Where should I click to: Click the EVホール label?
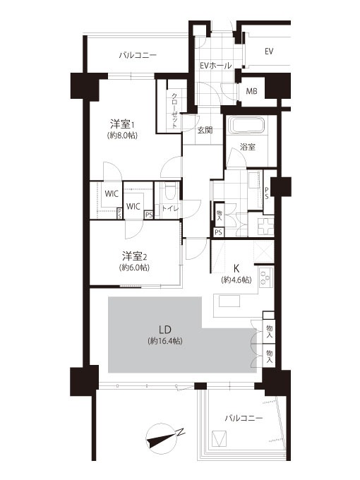tap(215, 65)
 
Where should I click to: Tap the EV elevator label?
tap(269, 52)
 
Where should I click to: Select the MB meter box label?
tap(251, 91)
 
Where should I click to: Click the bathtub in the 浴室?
tap(248, 126)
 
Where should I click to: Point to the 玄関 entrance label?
tap(205, 130)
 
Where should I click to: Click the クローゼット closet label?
tap(174, 110)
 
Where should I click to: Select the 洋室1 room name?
tap(123, 125)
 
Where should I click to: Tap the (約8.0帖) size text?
tap(122, 136)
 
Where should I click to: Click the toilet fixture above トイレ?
tap(171, 191)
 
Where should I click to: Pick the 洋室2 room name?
tap(135, 256)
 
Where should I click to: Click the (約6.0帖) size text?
tap(135, 268)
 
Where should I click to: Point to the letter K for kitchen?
tap(236, 268)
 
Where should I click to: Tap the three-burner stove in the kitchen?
tap(266, 277)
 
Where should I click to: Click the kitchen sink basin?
tap(229, 301)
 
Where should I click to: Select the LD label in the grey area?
tap(164, 330)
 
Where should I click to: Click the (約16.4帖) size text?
tap(164, 341)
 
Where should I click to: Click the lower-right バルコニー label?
tap(244, 418)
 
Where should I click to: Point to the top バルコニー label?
tap(138, 55)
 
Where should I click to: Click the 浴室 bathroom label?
tap(247, 147)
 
